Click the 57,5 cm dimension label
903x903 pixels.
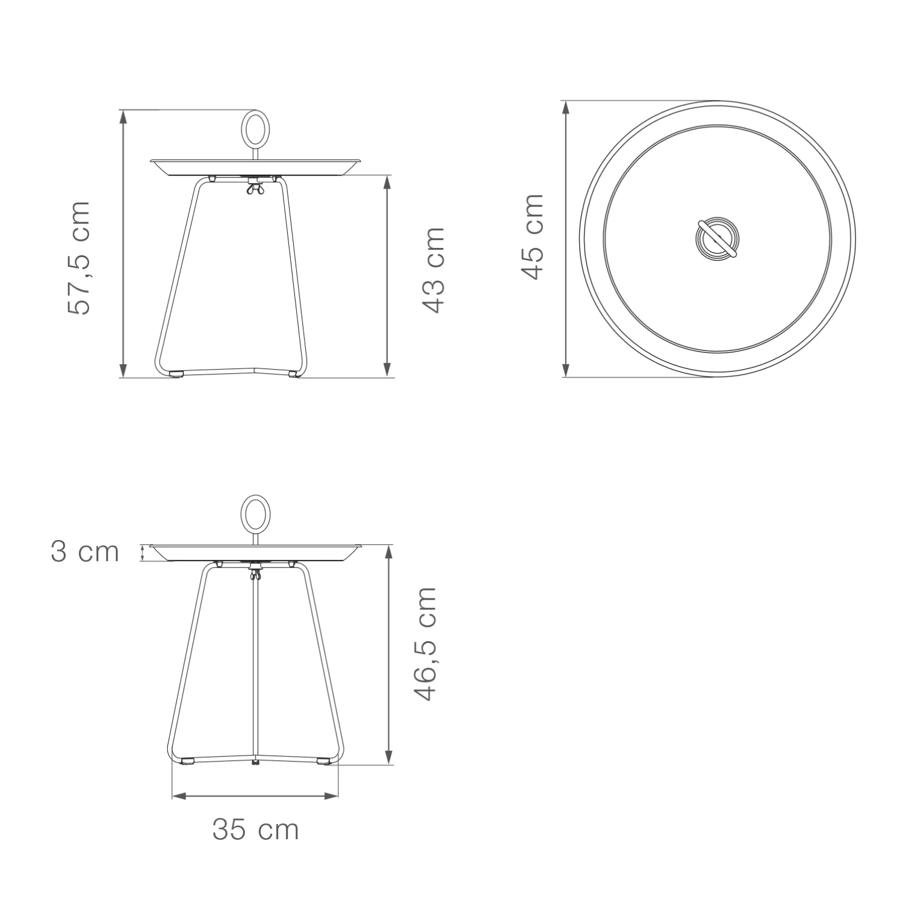[x=79, y=258]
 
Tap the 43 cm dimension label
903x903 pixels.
[x=433, y=270]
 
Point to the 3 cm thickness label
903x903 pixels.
[x=85, y=552]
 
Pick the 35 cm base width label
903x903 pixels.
[x=255, y=830]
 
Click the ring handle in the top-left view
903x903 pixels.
[x=255, y=128]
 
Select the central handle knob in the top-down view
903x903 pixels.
[x=716, y=238]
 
